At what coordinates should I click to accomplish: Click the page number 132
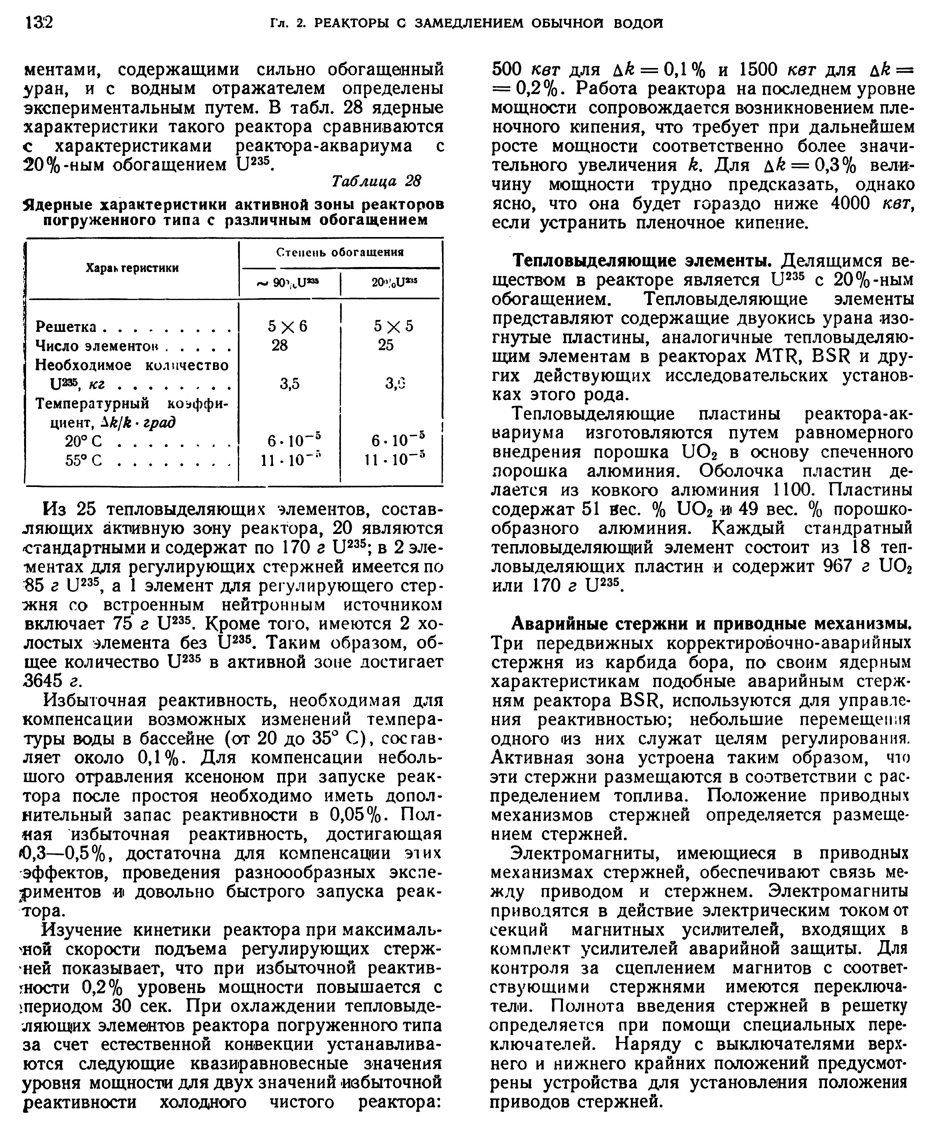[39, 23]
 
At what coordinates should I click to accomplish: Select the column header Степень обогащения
[340, 253]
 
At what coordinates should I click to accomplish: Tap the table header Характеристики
[132, 267]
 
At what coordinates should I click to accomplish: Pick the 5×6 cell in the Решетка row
[288, 326]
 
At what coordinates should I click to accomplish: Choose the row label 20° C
[84, 441]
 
